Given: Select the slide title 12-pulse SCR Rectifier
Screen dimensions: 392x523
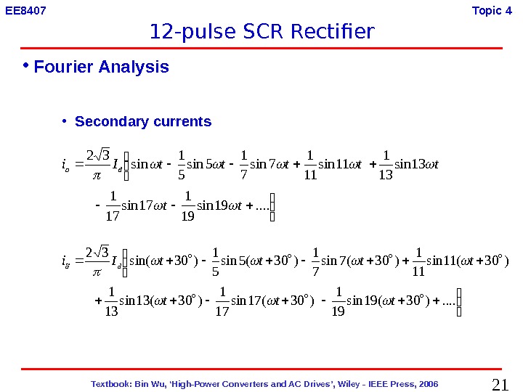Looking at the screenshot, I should pyautogui.click(x=261, y=32).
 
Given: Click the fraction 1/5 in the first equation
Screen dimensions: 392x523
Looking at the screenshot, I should pyautogui.click(x=182, y=162).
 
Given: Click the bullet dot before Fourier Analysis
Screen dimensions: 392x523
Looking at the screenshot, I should pyautogui.click(x=25, y=65).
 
